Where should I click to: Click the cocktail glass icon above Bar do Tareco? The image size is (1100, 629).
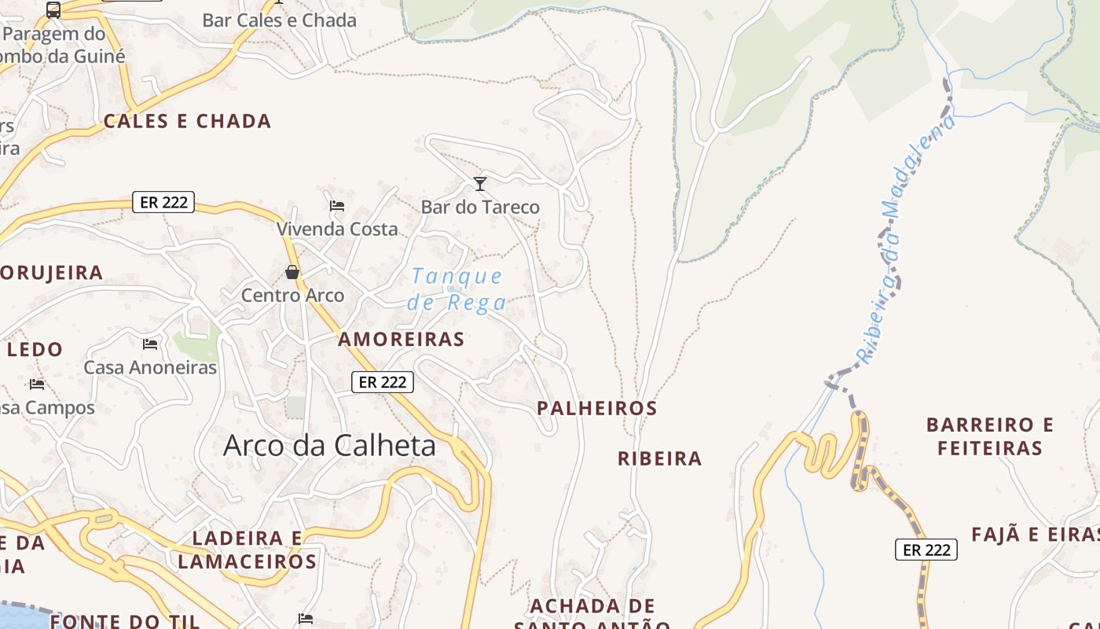tap(480, 184)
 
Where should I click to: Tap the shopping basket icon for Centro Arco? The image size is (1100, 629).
tap(292, 273)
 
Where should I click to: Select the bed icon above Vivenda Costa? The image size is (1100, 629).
tap(337, 206)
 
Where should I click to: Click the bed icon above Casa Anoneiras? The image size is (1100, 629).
tap(150, 344)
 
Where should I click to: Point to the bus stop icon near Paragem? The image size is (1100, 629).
tap(53, 10)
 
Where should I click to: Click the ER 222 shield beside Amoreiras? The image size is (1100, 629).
tap(382, 382)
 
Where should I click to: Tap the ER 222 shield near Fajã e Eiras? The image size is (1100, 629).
tap(926, 550)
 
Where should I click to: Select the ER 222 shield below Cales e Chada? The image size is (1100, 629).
tap(163, 202)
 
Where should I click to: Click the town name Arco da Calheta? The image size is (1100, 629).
tap(329, 445)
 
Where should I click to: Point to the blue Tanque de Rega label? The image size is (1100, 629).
tap(456, 289)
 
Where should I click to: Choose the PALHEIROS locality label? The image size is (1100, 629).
tap(596, 408)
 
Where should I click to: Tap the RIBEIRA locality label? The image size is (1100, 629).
tap(659, 458)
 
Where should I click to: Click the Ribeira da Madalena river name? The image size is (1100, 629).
tap(906, 240)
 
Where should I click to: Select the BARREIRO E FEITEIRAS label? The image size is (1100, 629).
tap(989, 436)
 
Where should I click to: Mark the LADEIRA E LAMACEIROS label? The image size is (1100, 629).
tap(247, 550)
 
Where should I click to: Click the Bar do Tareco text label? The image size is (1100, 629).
tap(480, 208)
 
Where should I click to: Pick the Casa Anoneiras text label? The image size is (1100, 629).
tap(150, 367)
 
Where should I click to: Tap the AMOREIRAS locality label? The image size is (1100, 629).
tap(401, 339)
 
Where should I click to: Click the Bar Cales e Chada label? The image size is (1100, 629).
tap(279, 20)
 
